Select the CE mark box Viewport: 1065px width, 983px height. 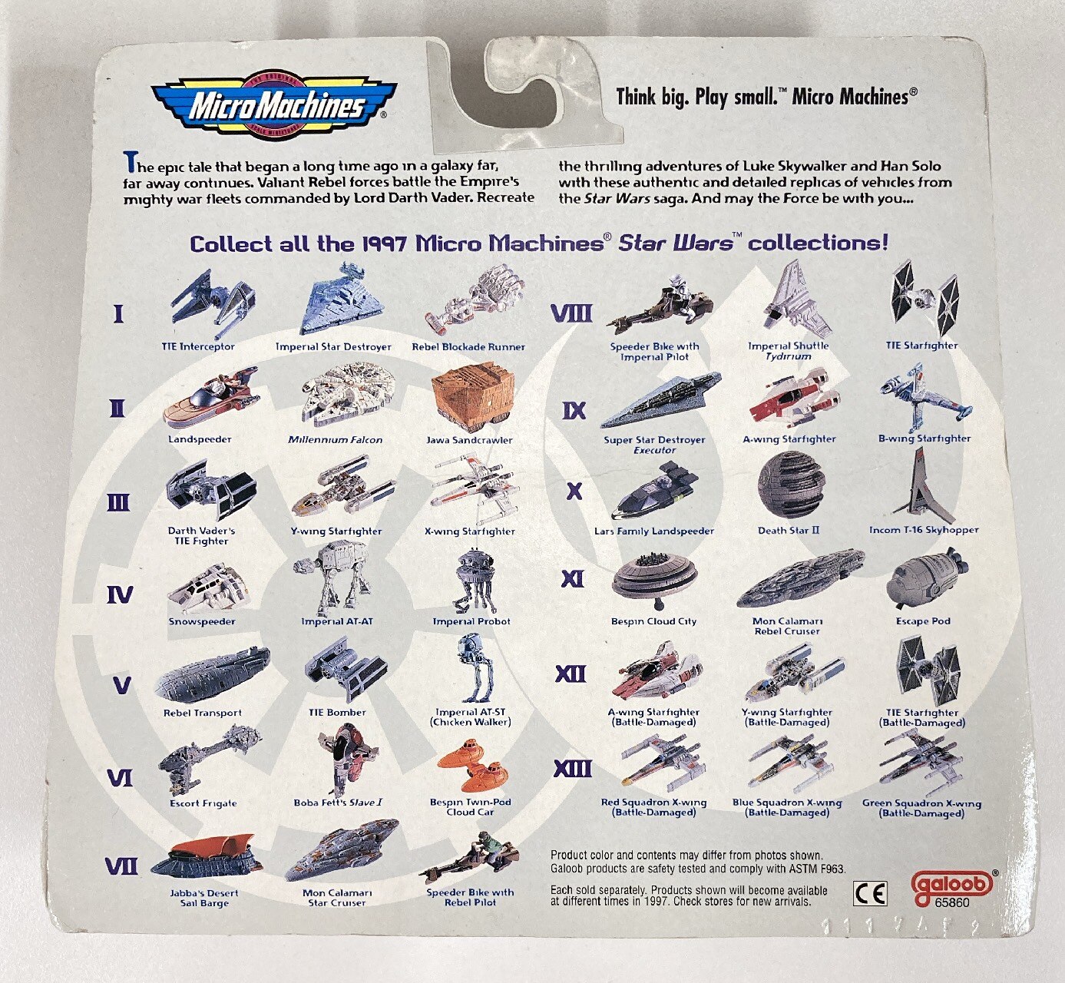[x=870, y=893]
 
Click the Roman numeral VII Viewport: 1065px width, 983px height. [x=121, y=866]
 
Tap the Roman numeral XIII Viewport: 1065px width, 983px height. [x=573, y=769]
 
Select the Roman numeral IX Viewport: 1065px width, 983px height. [x=574, y=410]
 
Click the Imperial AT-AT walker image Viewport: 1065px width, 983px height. [x=332, y=578]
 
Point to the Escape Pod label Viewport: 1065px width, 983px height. [x=923, y=621]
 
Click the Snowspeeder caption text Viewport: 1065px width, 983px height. [x=202, y=621]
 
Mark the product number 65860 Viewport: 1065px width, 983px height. [x=952, y=902]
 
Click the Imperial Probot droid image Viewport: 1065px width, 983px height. [x=471, y=581]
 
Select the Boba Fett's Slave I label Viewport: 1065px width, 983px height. [x=338, y=803]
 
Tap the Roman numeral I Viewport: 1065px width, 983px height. [x=118, y=313]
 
